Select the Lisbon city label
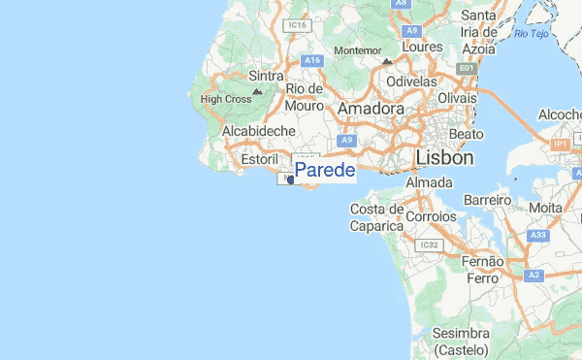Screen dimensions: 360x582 pyautogui.click(x=444, y=157)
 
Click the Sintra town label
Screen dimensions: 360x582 pyautogui.click(x=266, y=76)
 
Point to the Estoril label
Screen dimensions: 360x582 pyautogui.click(x=259, y=156)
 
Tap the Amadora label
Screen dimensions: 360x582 pyautogui.click(x=370, y=110)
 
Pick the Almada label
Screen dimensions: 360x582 pyautogui.click(x=429, y=182)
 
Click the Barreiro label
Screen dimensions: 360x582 pyautogui.click(x=488, y=200)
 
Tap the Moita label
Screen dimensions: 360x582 pyautogui.click(x=545, y=208)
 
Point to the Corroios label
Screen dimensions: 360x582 pyautogui.click(x=431, y=216)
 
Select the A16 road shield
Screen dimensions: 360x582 pyautogui.click(x=311, y=60)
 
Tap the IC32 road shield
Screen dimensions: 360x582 pyautogui.click(x=430, y=245)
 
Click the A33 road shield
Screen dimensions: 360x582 pyautogui.click(x=539, y=235)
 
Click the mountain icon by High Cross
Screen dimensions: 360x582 pyautogui.click(x=256, y=92)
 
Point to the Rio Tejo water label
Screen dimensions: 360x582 pyautogui.click(x=532, y=35)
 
